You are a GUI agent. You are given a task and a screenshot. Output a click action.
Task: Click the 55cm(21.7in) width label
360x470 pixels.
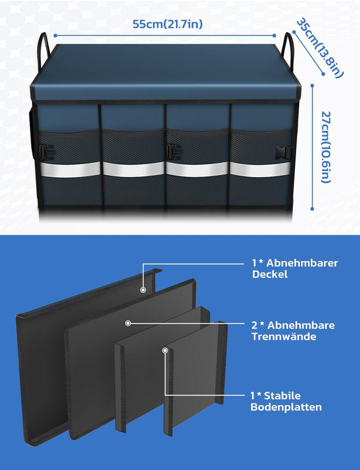pyautogui.click(x=167, y=24)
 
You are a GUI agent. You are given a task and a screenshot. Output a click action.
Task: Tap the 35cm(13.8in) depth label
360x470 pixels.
pyautogui.click(x=320, y=49)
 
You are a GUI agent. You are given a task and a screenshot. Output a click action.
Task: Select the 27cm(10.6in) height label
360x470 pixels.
pyautogui.click(x=326, y=147)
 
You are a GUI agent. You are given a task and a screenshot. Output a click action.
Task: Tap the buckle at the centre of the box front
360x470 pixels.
pyautogui.click(x=173, y=152)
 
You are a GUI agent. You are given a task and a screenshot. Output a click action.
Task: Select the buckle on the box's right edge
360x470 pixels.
pyautogui.click(x=283, y=152)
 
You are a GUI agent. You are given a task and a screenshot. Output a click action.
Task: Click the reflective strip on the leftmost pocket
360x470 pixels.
pyautogui.click(x=70, y=170)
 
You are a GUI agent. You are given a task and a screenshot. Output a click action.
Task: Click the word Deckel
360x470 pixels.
pyautogui.click(x=270, y=274)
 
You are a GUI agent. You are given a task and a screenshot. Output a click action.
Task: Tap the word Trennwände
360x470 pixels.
pyautogui.click(x=284, y=336)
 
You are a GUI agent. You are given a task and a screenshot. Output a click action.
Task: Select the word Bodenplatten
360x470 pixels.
pyautogui.click(x=286, y=407)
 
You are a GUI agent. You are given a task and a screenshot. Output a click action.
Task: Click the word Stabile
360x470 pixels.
pyautogui.click(x=282, y=395)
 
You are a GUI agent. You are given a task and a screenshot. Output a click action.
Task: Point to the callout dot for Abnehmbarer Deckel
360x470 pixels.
pyautogui.click(x=143, y=290)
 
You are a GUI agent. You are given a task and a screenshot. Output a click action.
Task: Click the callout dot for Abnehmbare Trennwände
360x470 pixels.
pyautogui.click(x=128, y=323)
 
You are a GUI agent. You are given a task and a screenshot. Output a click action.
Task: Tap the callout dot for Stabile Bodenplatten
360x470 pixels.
pyautogui.click(x=164, y=350)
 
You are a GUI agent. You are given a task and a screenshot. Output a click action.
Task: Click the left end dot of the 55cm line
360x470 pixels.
pyautogui.click(x=55, y=36)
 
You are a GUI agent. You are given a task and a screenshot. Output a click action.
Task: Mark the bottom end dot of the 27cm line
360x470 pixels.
pyautogui.click(x=312, y=209)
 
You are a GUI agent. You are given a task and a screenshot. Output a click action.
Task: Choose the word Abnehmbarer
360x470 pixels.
pyautogui.click(x=302, y=263)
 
